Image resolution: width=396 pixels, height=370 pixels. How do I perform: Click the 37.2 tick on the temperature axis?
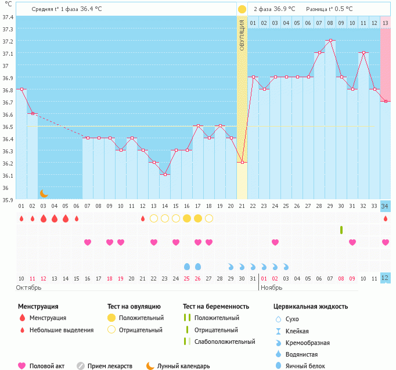(x=8, y=41)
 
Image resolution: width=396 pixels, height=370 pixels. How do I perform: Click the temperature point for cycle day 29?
(x=330, y=41)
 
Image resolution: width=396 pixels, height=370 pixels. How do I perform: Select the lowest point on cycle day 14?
(x=165, y=174)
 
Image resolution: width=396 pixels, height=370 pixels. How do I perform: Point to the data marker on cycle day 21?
(x=242, y=162)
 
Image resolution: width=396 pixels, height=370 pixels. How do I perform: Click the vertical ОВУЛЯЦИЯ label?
(x=242, y=35)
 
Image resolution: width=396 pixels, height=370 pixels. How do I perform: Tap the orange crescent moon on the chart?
(x=44, y=193)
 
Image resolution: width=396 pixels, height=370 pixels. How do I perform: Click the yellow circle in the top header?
(x=242, y=9)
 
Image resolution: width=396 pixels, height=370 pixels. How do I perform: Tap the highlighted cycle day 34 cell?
(x=385, y=206)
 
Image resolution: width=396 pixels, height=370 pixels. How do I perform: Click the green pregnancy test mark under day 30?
(x=341, y=229)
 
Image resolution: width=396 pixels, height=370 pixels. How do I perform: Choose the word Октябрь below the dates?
(x=28, y=288)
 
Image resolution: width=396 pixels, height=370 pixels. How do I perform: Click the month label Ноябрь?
(x=272, y=288)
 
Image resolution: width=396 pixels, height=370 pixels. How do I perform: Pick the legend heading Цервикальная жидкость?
(x=311, y=306)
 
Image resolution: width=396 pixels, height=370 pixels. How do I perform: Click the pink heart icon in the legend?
(x=22, y=366)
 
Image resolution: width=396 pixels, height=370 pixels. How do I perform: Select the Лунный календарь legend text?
(x=183, y=366)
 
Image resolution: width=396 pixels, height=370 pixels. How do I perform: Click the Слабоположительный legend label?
(x=225, y=342)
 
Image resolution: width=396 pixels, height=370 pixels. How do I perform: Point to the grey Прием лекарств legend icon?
(x=81, y=366)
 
